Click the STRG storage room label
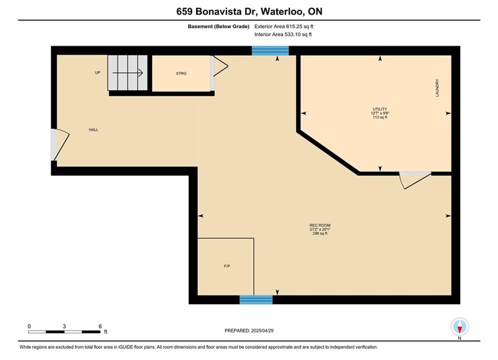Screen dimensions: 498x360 coord(181,73)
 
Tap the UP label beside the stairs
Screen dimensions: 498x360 coord(98,72)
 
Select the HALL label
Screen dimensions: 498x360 coord(94,129)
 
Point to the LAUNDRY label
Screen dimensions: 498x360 coord(437,88)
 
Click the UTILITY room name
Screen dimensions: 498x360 coord(380,109)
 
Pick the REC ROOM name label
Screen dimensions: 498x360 coord(320,225)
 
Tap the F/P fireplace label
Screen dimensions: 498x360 coord(227,266)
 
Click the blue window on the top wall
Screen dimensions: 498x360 coord(270,50)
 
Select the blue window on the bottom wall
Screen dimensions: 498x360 coord(256,299)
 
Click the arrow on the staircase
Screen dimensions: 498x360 coord(128,73)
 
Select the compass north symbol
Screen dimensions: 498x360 coord(459,326)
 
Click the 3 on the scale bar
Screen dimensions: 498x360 coord(64,326)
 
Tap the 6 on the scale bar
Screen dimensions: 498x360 coord(100,326)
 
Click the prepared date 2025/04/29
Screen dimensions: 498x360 coord(262,330)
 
